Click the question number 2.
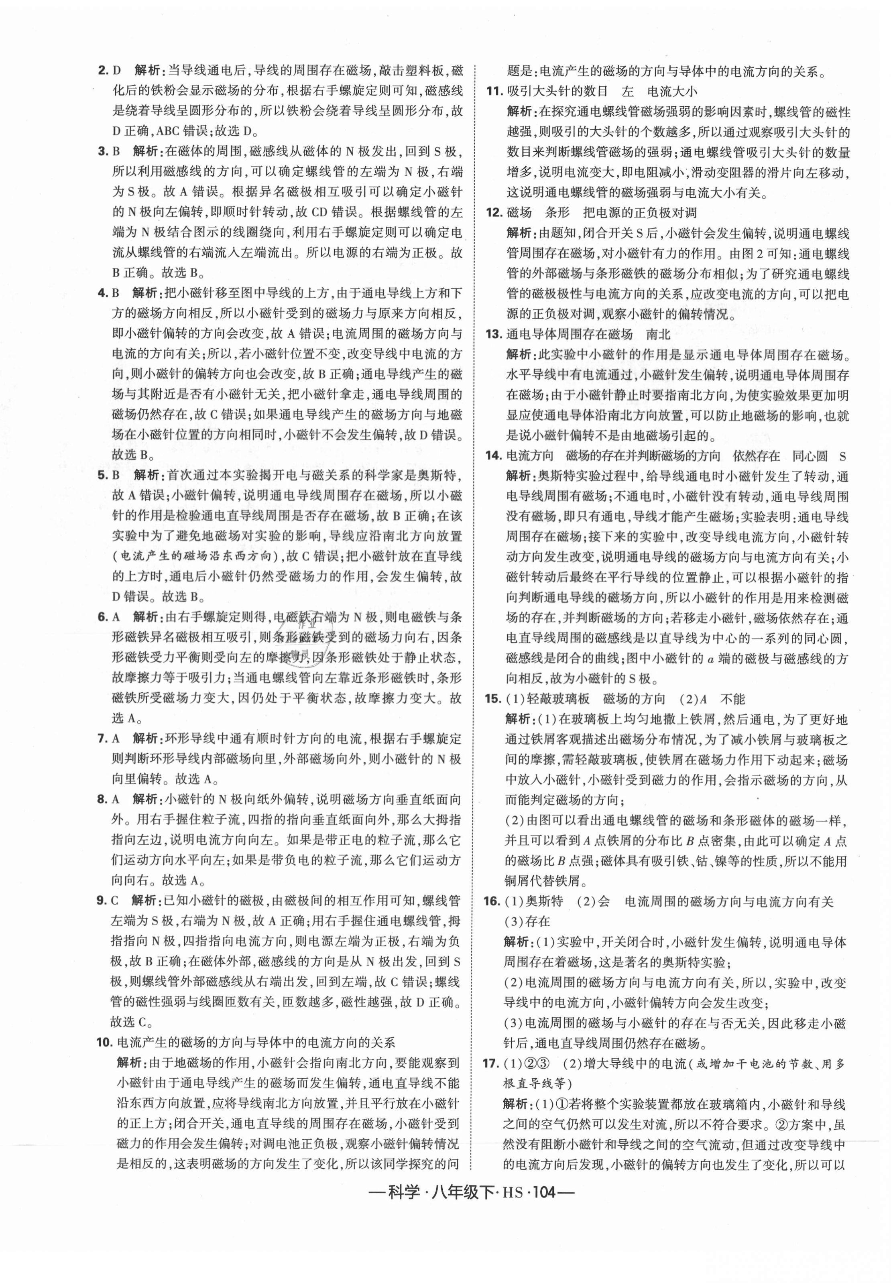102,71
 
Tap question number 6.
102,617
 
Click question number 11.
494,91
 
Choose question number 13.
494,334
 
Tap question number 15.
494,699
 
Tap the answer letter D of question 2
117,71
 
